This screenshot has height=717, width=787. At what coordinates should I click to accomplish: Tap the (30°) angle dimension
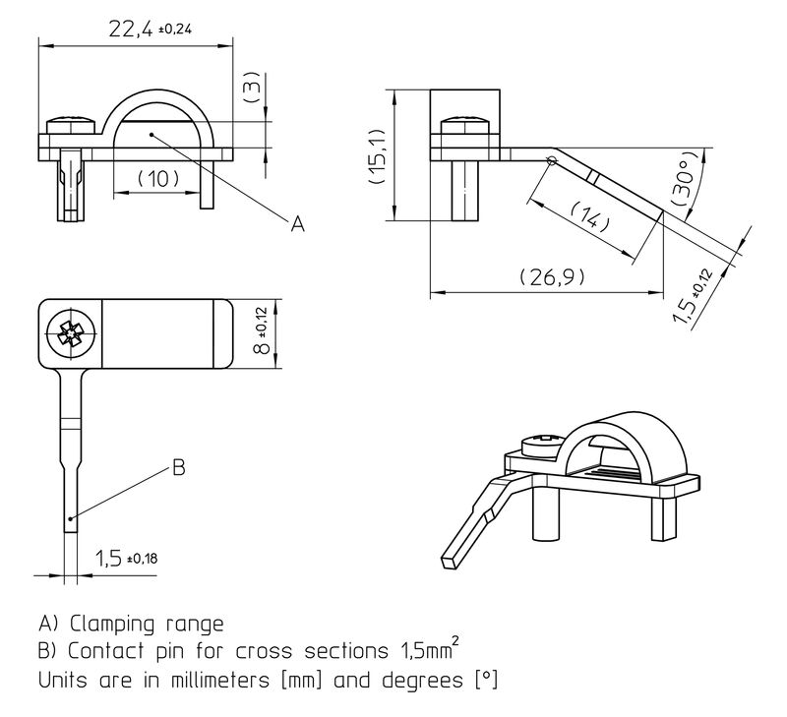687,178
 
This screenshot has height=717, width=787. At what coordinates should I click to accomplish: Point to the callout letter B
179,467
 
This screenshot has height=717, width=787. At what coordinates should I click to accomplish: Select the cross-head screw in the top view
72,334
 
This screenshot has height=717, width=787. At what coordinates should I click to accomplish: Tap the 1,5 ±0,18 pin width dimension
127,558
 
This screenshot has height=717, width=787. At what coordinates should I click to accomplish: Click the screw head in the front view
71,126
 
